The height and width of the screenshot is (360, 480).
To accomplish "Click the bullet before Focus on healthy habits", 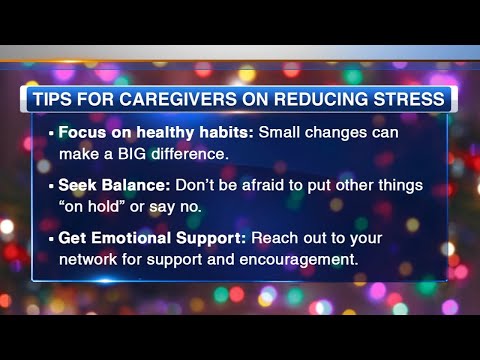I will [52, 133].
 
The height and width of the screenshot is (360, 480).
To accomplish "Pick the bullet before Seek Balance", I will [52, 185].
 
